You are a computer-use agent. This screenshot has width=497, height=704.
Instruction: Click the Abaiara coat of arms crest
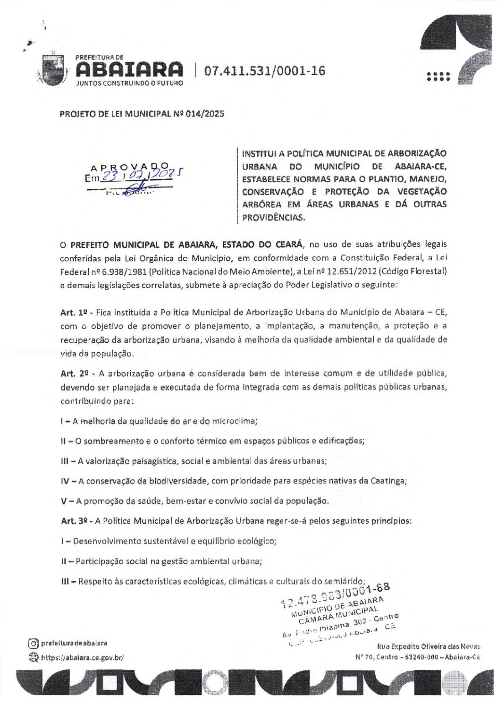pos(52,70)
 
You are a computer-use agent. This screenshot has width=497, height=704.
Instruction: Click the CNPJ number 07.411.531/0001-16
pos(265,71)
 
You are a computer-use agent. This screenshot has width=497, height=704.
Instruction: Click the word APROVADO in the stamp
pos(130,167)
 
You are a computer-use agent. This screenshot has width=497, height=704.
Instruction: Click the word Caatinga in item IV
pos(387,481)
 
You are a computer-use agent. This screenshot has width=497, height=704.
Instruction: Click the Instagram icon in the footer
pos(34,643)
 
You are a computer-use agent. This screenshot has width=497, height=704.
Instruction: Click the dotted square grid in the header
pos(438,77)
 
